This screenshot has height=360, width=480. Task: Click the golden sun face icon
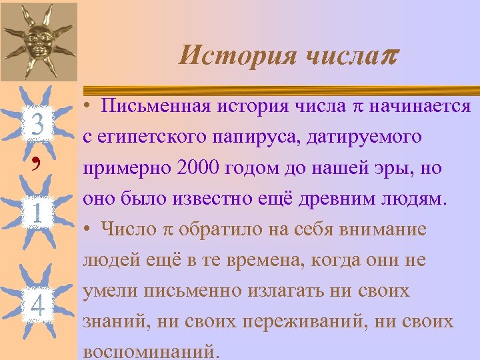(x=37, y=41)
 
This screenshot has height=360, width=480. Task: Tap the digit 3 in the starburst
(x=37, y=124)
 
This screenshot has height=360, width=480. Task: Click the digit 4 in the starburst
(x=37, y=305)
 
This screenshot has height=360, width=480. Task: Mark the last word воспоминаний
(x=151, y=351)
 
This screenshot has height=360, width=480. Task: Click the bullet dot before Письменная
(x=87, y=107)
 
